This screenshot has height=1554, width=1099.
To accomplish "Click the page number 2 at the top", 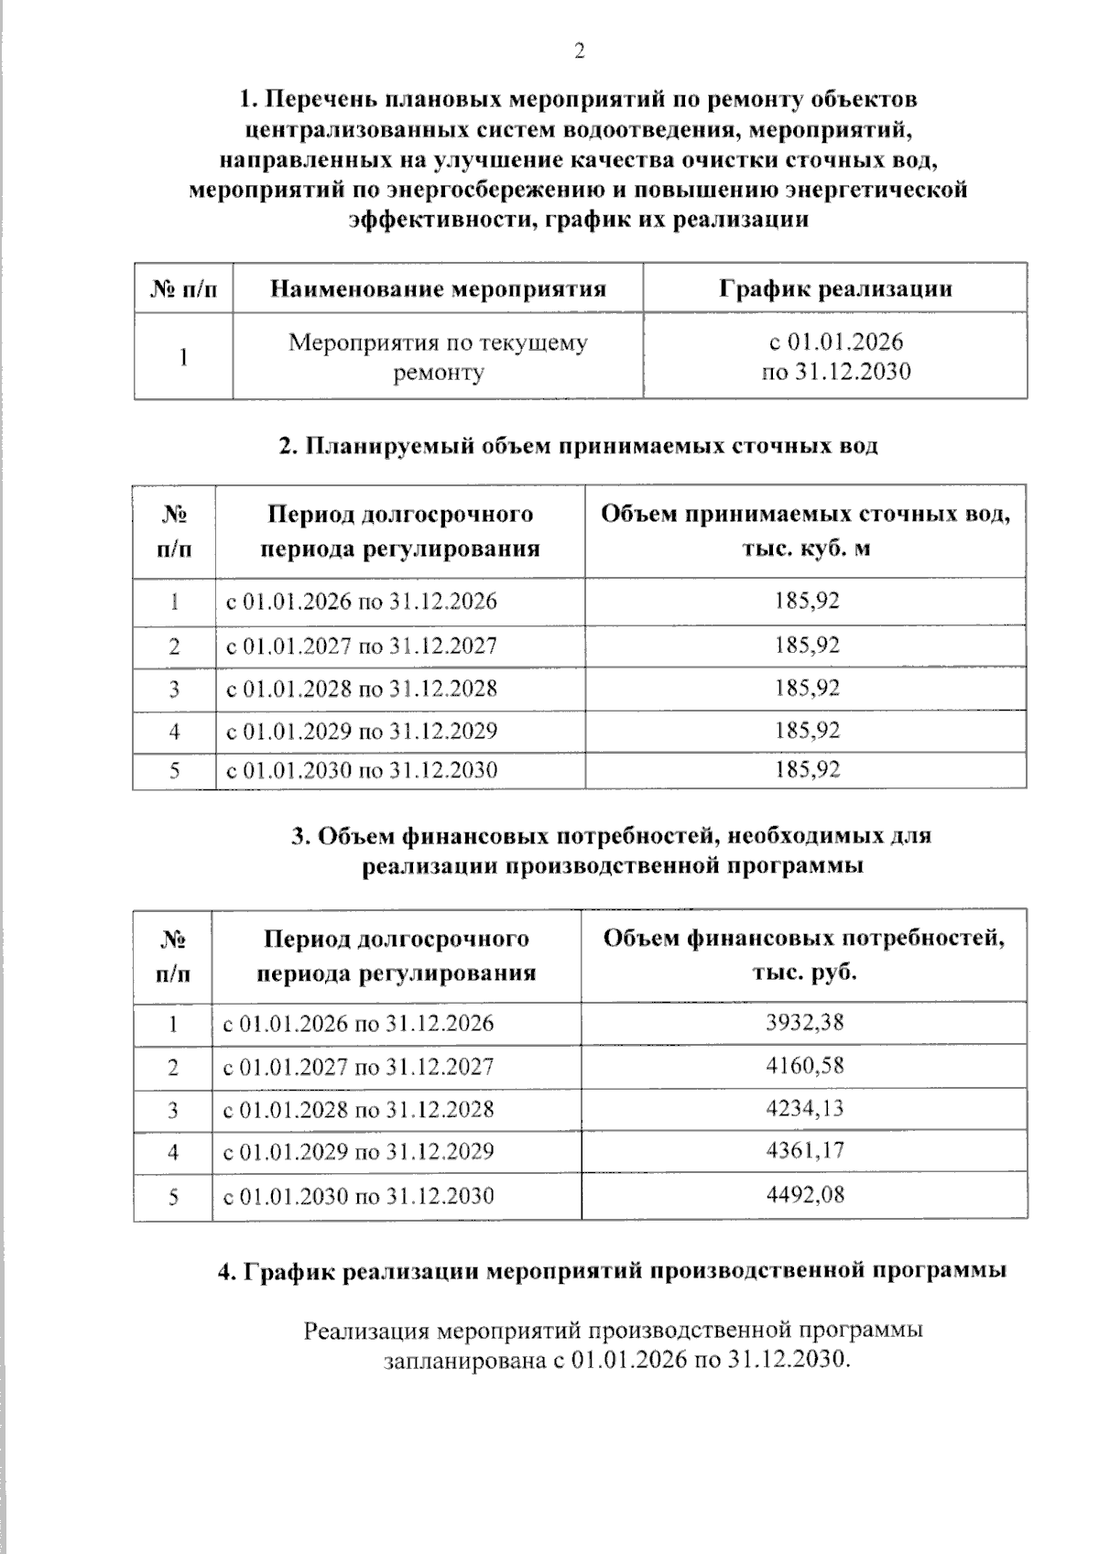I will coord(579,51).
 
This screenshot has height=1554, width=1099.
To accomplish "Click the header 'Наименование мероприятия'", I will coord(438,289).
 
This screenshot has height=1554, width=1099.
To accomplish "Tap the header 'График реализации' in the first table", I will coord(834,289).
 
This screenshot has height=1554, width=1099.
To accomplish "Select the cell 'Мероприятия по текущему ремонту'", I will coord(438,357).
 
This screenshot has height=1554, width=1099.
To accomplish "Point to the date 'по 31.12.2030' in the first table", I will coord(836,372).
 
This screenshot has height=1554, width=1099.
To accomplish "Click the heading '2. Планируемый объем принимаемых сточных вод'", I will coord(578,446).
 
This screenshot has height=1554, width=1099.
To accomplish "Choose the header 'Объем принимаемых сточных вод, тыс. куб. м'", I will coord(805,530).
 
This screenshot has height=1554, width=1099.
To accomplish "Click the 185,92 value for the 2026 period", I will coord(806,602).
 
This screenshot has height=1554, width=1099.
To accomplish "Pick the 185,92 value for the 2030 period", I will coord(806,769).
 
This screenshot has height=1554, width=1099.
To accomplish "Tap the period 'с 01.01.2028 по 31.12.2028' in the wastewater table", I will coord(362,689).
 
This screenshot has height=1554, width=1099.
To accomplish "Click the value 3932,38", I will coord(804,1023).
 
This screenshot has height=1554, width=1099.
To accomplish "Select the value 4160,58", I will coord(804,1066).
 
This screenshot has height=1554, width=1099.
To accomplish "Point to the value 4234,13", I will coord(804,1108).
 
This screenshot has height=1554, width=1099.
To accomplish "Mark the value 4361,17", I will coord(804,1151).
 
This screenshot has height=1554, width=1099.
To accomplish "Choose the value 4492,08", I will coord(804,1195).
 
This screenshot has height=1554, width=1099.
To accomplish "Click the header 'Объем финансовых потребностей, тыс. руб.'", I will coord(803,955).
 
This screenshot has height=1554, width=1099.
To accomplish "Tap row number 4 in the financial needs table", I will coord(173,1152).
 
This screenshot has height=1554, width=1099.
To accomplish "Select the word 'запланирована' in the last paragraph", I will coord(463,1360).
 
